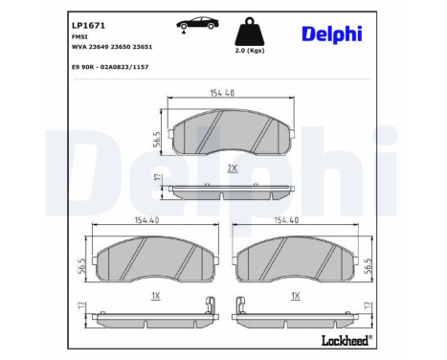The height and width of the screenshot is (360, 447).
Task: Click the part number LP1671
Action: [x=88, y=26]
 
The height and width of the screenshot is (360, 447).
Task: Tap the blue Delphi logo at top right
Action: [x=332, y=34]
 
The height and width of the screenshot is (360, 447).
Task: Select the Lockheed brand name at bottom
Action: [x=346, y=340]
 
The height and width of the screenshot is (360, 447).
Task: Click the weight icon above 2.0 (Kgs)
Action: [x=250, y=31]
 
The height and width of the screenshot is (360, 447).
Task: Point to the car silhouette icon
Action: [x=197, y=24]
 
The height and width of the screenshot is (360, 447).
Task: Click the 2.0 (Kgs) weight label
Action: [x=250, y=51]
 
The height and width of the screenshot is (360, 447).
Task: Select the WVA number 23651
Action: [x=143, y=47]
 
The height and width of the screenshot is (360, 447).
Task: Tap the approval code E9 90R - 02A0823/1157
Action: [x=110, y=67]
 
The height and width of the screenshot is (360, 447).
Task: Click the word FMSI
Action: [x=79, y=36]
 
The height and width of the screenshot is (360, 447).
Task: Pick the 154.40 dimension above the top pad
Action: [x=222, y=93]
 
